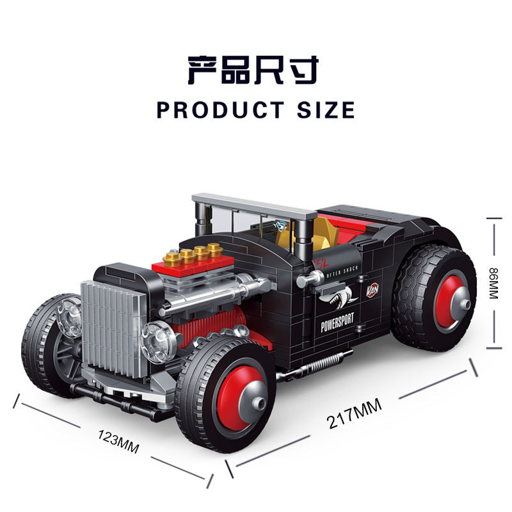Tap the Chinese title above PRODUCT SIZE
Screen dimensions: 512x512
(x=253, y=70)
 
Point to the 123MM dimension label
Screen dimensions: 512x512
(x=118, y=441)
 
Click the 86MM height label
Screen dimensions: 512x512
(x=493, y=284)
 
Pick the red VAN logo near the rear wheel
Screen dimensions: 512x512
(x=373, y=290)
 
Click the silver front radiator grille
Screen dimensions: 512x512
(x=112, y=328)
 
